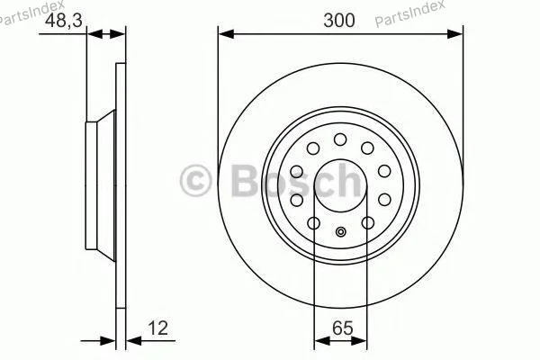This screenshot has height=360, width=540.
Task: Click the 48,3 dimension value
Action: point(64,20)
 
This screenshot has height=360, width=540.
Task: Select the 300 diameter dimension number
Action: point(339,20)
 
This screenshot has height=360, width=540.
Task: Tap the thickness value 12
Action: point(157,328)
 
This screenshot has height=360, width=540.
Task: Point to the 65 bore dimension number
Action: point(343,328)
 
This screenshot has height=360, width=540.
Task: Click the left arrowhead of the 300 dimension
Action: point(226,34)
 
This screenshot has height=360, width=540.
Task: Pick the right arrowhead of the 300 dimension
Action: point(454,34)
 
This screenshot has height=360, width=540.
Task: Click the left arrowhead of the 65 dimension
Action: point(322,341)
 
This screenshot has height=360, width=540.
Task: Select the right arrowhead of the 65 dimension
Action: point(359,341)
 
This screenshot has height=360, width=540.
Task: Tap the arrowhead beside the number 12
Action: point(134,341)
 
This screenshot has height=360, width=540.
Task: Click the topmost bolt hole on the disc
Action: point(340,139)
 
